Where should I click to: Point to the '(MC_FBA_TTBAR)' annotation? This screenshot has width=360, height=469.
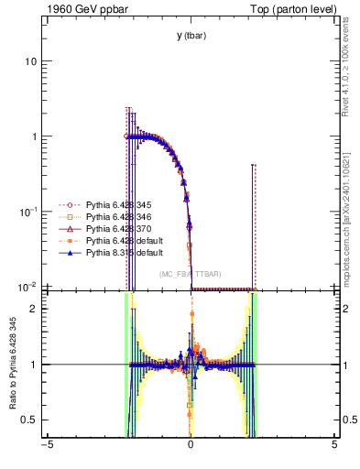[x=191, y=274]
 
